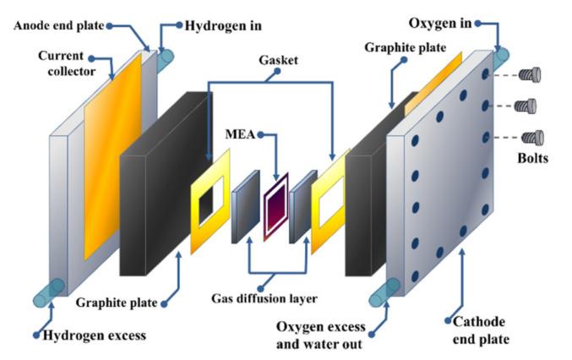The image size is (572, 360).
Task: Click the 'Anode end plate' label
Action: (x=57, y=24)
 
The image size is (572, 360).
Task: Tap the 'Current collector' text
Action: (x=60, y=63)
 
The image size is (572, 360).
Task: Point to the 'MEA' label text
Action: (x=241, y=134)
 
